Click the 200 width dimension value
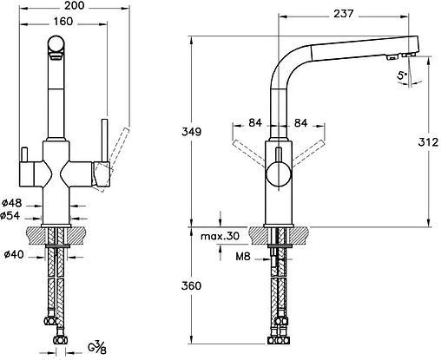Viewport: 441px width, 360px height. click(x=74, y=5)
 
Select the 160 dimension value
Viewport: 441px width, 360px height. click(x=63, y=22)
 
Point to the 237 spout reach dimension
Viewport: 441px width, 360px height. click(x=344, y=14)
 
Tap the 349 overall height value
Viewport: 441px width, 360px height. click(x=191, y=132)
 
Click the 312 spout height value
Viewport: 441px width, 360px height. click(x=428, y=142)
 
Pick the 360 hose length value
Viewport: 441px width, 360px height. click(x=191, y=285)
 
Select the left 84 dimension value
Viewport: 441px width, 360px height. click(x=255, y=123)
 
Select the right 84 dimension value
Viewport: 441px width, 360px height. click(x=300, y=123)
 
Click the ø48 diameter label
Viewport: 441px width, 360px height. click(x=12, y=203)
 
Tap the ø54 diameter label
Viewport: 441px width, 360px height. click(x=10, y=215)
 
